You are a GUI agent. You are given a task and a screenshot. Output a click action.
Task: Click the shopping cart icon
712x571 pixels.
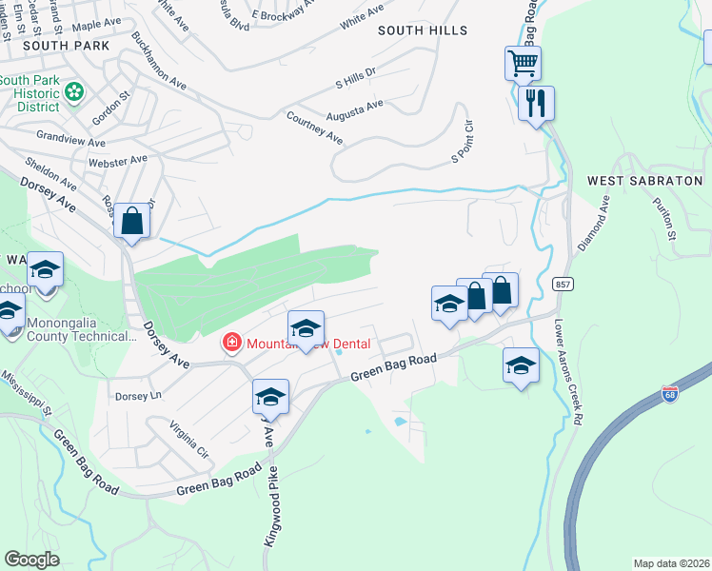coord(523,64)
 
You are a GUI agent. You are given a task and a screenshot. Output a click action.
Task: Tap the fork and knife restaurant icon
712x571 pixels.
coord(536,102)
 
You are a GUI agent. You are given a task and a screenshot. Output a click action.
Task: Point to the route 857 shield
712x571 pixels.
coord(563,284)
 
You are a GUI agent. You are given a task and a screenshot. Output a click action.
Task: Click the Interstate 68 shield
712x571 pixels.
coord(670,393)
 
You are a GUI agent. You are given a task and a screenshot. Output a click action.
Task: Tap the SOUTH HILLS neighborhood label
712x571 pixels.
coord(423,30)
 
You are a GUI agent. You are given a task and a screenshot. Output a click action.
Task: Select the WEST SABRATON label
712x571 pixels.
coord(643,180)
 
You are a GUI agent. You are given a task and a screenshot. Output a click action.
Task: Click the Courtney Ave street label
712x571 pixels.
coord(314,128)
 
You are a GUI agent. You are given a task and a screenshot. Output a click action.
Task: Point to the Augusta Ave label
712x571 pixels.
coord(354,109)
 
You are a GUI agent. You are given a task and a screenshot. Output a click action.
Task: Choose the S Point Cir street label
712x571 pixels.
coord(462,142)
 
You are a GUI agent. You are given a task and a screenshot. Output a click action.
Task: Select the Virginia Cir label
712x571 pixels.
coord(188,436)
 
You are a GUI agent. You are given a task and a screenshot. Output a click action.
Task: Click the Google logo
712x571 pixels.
coord(31,560)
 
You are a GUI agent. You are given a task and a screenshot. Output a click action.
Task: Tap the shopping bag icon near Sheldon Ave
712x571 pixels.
coord(133,222)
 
